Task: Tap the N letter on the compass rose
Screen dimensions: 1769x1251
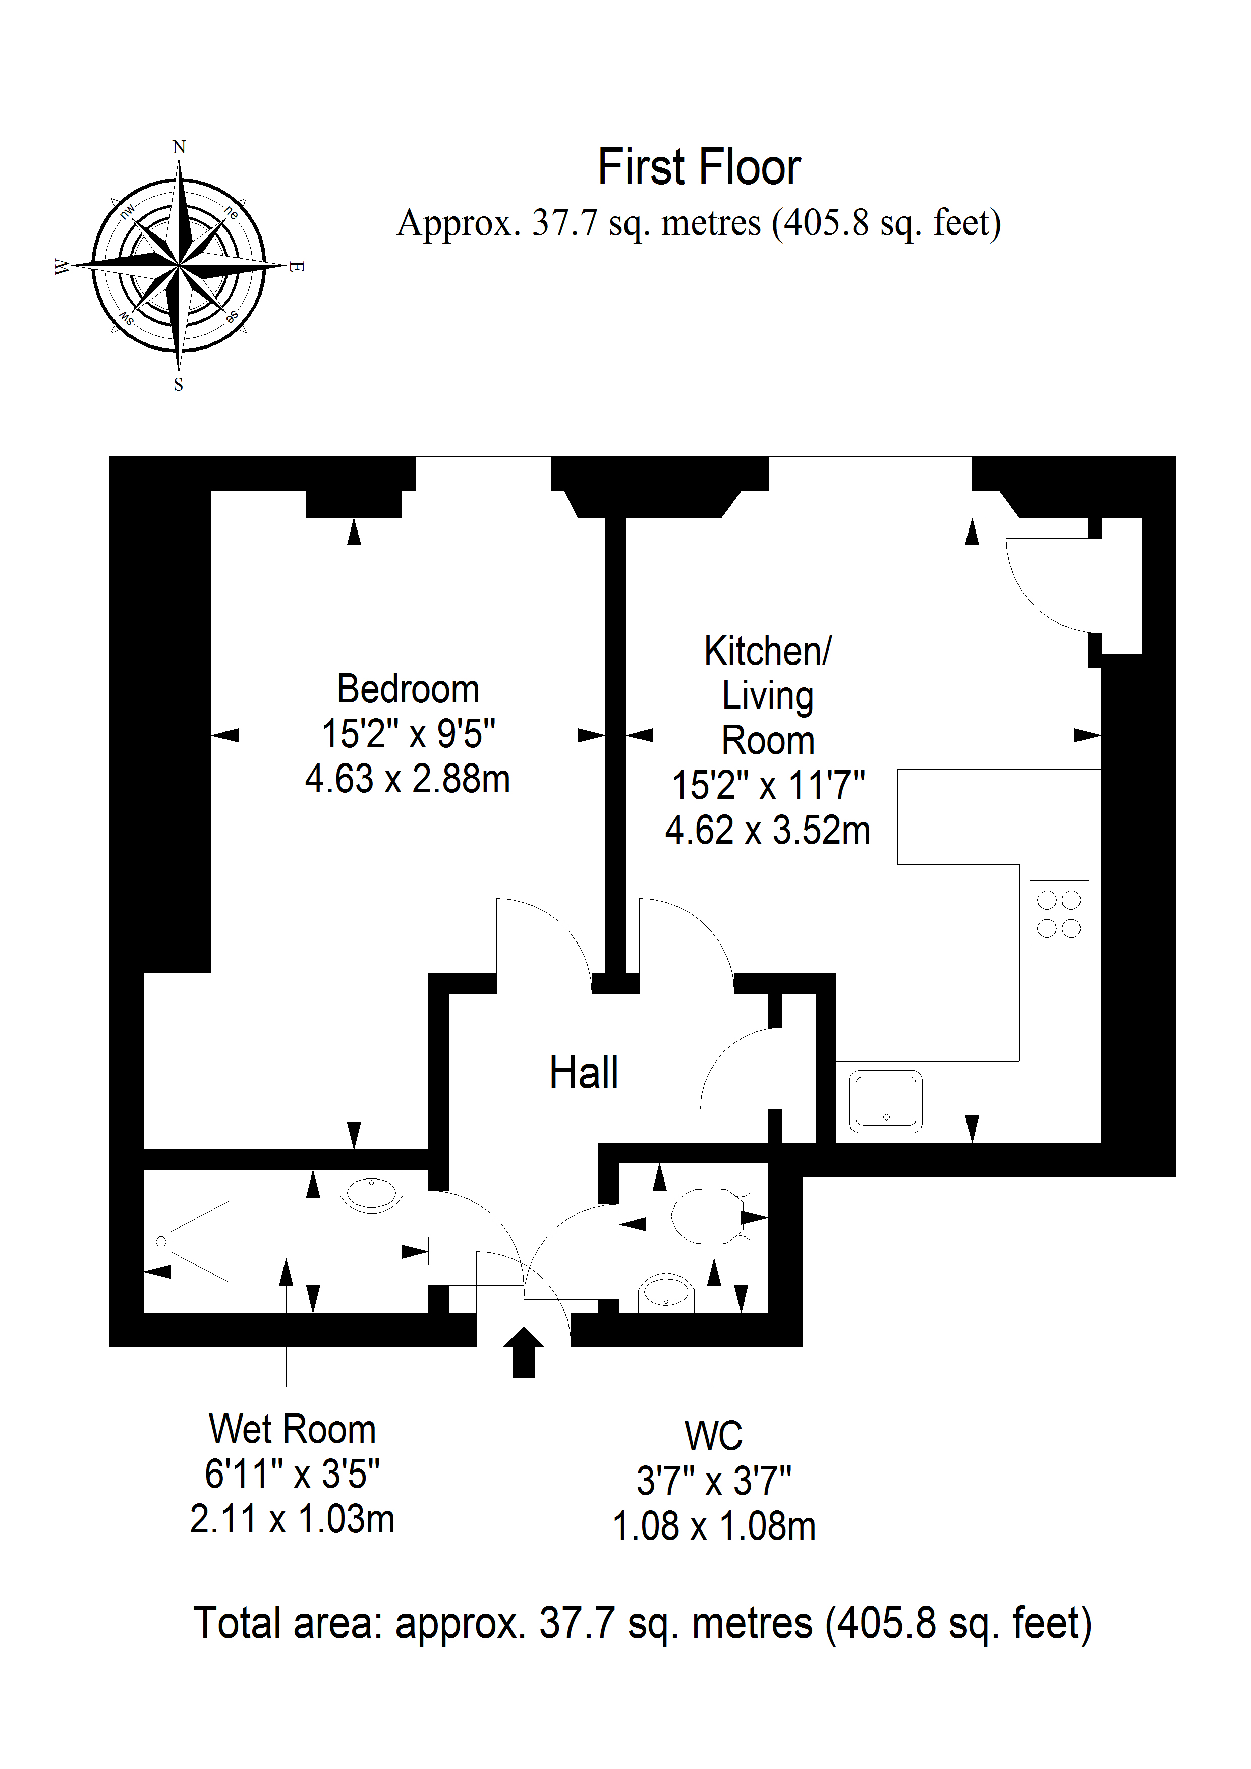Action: coord(179,147)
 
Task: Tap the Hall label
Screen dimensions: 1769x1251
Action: coord(584,1073)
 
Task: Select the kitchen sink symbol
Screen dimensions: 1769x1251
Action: coord(886,1101)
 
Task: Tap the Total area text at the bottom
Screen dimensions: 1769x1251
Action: coord(642,1623)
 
